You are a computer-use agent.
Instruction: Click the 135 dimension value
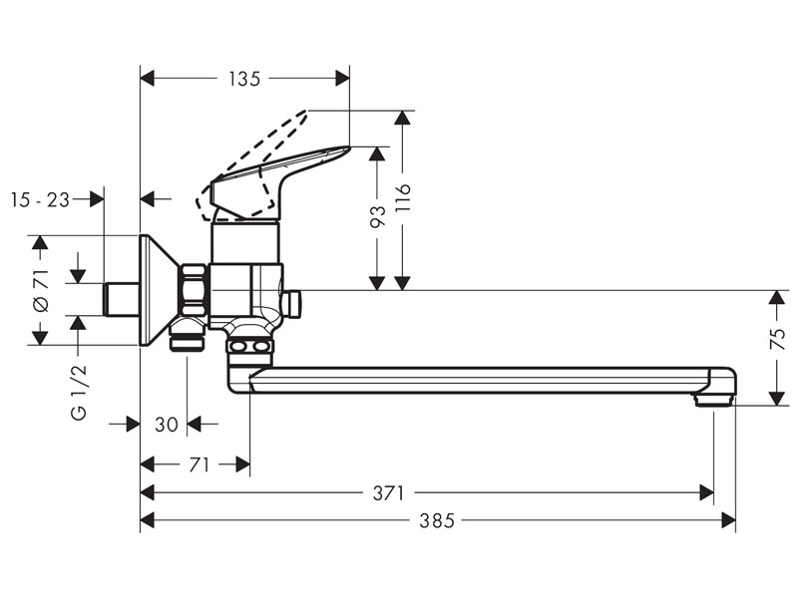tap(243, 78)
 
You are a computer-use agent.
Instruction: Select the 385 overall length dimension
tap(437, 520)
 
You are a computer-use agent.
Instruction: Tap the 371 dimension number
tap(389, 492)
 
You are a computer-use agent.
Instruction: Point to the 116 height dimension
tap(402, 200)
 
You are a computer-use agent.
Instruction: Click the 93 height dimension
tap(377, 217)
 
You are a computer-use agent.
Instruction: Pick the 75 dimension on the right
tap(778, 338)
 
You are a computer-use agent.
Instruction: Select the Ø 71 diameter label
tap(40, 291)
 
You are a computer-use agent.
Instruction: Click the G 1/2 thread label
tap(80, 392)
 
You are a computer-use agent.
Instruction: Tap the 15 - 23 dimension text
tap(40, 199)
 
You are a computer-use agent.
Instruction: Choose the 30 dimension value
tap(167, 425)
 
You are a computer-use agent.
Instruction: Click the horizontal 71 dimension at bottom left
tap(199, 464)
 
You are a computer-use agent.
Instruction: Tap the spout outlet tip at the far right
tap(713, 399)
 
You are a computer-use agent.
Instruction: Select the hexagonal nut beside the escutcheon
tap(193, 290)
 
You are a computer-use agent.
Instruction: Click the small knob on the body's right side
tap(292, 303)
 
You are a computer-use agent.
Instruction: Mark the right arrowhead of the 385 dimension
tap(730, 520)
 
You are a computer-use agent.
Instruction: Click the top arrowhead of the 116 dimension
tap(402, 117)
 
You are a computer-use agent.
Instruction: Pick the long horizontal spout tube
tap(479, 380)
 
